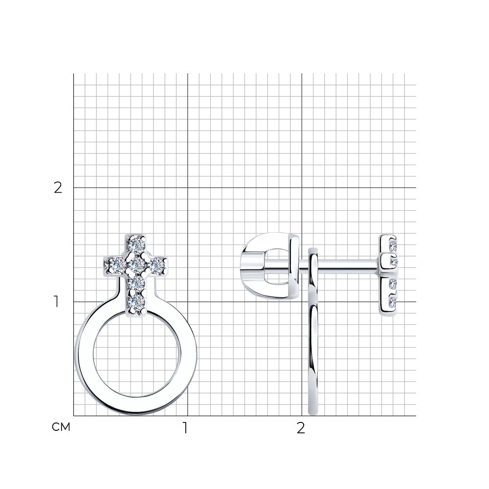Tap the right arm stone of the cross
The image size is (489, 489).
pos(157,265)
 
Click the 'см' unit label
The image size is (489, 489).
pos(61,427)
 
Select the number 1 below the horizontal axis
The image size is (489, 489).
pos(185,428)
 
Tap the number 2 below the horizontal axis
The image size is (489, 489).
pos(300,428)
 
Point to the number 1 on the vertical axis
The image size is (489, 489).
pos(56,302)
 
